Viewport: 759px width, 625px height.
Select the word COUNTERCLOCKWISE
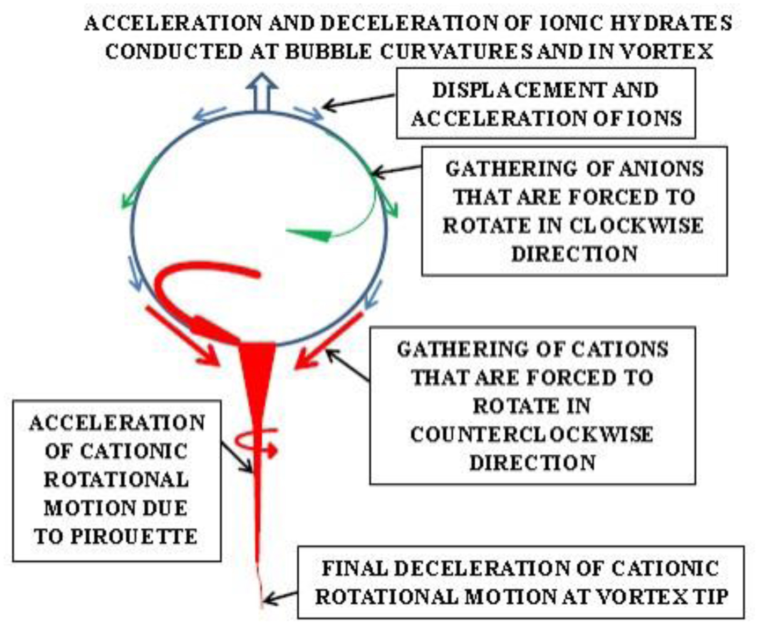[532, 434]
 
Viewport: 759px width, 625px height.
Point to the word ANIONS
[659, 169]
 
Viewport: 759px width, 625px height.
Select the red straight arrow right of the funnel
[330, 340]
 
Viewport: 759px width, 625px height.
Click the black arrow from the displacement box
[357, 102]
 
